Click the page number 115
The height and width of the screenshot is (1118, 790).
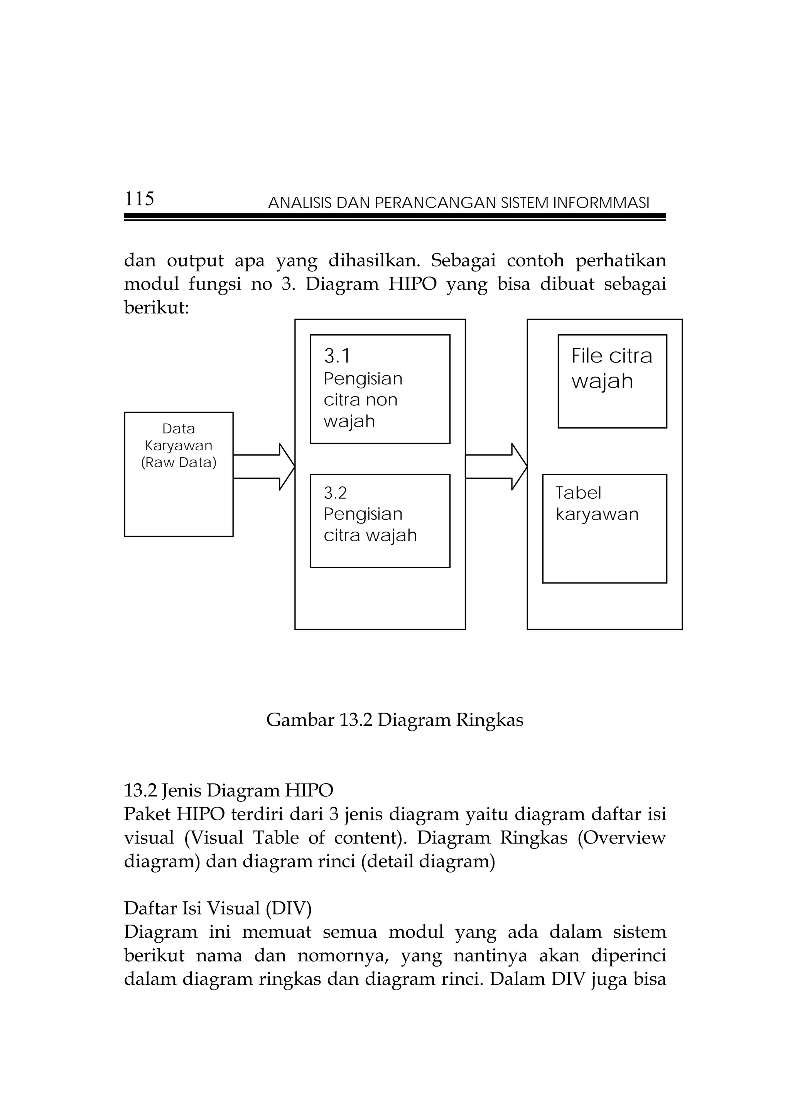[139, 199]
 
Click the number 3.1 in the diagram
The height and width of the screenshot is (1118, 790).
[337, 356]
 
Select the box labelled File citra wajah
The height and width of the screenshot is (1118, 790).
[612, 381]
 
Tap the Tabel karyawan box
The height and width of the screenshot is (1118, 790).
[604, 529]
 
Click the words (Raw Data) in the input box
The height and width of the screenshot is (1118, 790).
[179, 462]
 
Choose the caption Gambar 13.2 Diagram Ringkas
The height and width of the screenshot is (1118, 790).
[395, 720]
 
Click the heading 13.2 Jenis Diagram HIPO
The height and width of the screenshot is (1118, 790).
[228, 790]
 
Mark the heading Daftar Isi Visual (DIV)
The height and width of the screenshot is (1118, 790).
[218, 908]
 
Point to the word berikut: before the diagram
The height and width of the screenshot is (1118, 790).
[156, 307]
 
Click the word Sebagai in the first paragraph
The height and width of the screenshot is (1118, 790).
[463, 261]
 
